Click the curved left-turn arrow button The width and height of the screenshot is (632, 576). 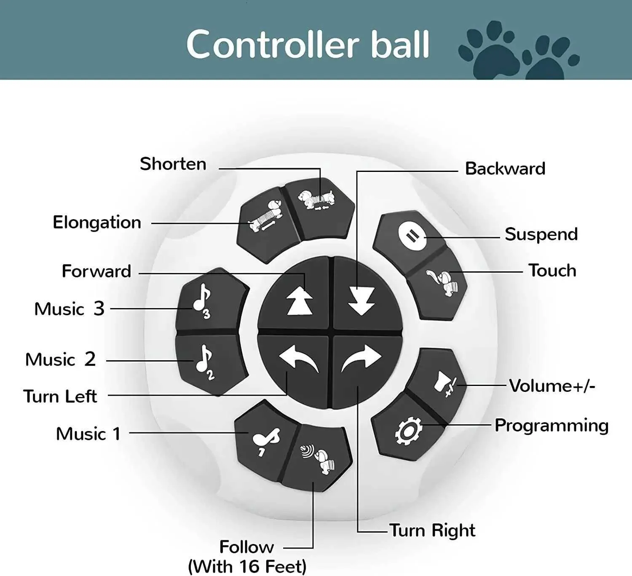(x=298, y=359)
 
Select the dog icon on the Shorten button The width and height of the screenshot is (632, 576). (x=317, y=199)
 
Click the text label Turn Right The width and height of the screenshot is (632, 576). (x=432, y=530)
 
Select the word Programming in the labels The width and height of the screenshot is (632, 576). (x=552, y=426)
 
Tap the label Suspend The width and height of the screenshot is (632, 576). (x=541, y=234)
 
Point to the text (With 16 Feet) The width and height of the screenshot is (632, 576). (x=247, y=566)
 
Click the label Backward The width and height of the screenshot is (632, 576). (x=505, y=169)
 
